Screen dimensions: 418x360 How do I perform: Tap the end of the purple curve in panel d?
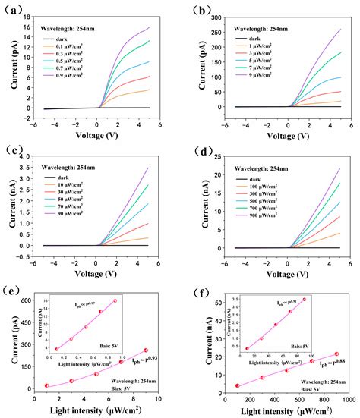(x=339, y=168)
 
